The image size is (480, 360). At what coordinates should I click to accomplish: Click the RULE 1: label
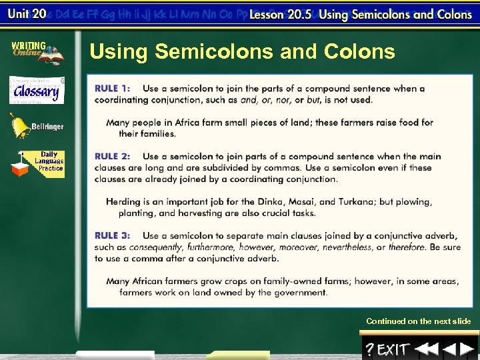coord(113,88)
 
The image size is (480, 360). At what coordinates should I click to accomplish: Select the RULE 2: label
coord(113,156)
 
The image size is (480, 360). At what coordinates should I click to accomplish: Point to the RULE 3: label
coord(113,235)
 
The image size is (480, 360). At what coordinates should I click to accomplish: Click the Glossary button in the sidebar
coord(37,91)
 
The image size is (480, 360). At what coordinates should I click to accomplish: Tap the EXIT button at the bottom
coord(393,349)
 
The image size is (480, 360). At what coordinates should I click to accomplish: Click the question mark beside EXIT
coord(369,349)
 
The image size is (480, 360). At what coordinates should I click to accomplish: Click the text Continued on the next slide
coord(418,321)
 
